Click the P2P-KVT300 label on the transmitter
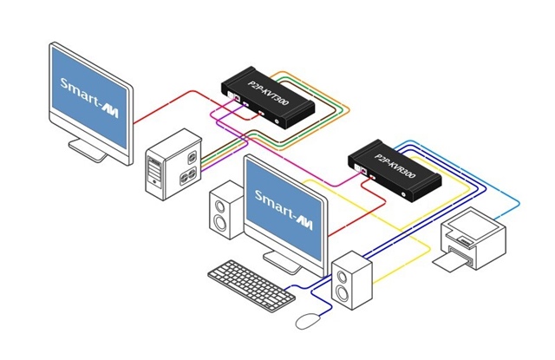pos(268,93)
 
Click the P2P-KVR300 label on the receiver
pos(395,166)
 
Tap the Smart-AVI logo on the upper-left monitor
pos(88,97)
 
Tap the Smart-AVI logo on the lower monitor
pos(284,210)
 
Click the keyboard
pos(251,285)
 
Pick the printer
pos(470,239)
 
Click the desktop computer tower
pos(173,164)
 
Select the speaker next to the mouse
pos(352,280)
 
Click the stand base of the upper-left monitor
pos(88,149)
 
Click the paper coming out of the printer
pos(447,262)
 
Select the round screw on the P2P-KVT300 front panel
pos(277,121)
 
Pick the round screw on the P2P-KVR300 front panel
pos(404,194)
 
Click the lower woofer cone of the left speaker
pos(220,223)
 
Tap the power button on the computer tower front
pos(154,182)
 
